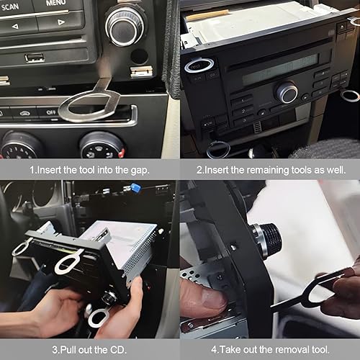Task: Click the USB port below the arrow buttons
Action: (x=35, y=58)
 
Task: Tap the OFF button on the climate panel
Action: (x=48, y=112)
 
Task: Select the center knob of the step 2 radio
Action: (x=287, y=92)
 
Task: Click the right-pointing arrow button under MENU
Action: (x=60, y=22)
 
